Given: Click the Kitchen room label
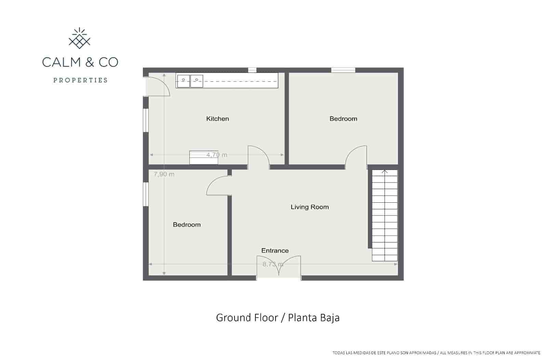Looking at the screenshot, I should [x=217, y=119].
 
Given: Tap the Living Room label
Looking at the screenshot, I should [x=309, y=207].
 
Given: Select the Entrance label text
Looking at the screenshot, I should [x=275, y=251].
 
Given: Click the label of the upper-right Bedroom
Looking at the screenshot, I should [x=343, y=119].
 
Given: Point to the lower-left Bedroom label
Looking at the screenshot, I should [x=187, y=225].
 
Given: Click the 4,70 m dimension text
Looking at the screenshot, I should [x=217, y=155].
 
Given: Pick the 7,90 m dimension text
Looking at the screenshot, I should [x=164, y=174].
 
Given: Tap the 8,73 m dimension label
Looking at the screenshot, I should [x=273, y=264].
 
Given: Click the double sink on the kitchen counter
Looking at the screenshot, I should [x=190, y=80].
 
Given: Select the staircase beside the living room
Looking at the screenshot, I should [x=385, y=215].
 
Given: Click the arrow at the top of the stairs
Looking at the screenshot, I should [x=385, y=171].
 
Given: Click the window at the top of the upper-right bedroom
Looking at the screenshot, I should [x=343, y=70].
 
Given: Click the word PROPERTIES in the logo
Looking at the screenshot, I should [x=80, y=80].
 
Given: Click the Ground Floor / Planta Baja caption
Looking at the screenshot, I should [x=278, y=318].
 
